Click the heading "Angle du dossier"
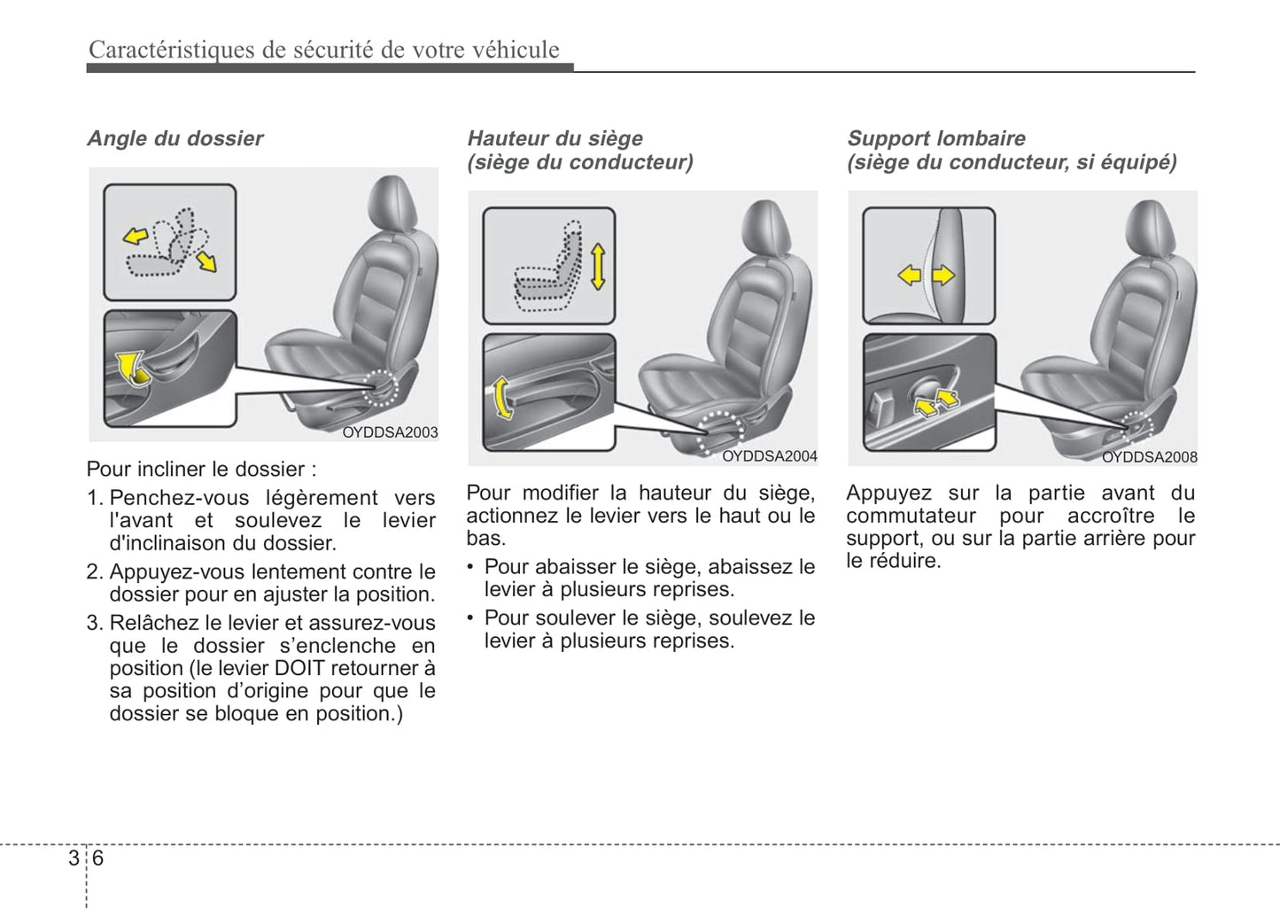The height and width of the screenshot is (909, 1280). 175,138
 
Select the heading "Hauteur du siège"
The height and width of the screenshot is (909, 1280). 555,138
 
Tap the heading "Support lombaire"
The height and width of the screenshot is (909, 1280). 935,138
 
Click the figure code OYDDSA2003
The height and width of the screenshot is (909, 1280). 390,432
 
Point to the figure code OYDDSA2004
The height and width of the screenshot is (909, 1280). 769,456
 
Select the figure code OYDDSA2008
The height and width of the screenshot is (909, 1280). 1149,457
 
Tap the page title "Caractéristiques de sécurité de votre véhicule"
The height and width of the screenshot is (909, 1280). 323,50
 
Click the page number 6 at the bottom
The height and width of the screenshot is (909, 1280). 97,858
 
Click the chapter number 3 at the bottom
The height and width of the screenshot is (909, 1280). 74,858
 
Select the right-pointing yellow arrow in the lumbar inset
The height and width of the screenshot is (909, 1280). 943,276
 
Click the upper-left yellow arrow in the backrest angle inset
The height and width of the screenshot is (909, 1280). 136,236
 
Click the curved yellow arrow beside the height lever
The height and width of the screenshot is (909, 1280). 501,398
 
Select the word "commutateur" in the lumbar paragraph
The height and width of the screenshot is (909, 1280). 911,516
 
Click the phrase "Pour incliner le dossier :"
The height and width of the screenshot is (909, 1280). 201,469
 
